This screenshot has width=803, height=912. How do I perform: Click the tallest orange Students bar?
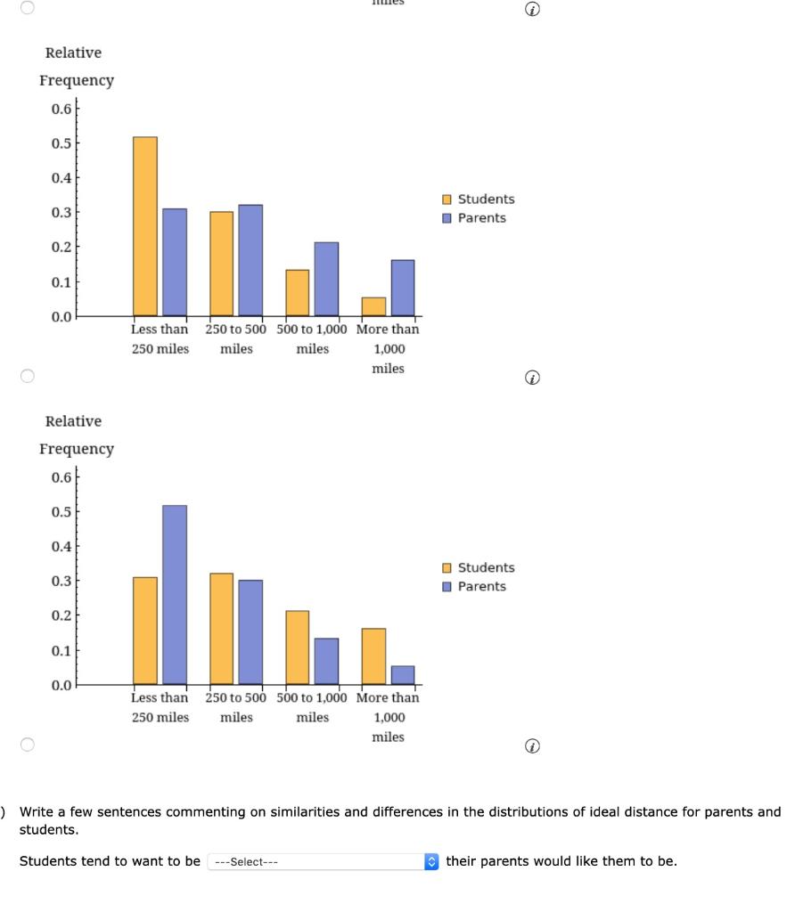click(x=144, y=226)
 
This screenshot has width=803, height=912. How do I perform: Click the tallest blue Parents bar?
click(x=175, y=594)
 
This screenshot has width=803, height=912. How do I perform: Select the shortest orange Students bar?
click(x=373, y=306)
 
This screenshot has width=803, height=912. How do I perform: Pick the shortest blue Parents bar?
click(x=403, y=675)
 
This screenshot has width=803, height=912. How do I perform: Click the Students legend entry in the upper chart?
click(x=479, y=199)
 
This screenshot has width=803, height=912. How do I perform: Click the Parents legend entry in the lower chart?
click(x=474, y=586)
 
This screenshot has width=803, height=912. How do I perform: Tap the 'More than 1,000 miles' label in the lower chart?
click(x=388, y=717)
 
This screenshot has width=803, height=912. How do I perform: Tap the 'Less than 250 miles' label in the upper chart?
click(x=160, y=338)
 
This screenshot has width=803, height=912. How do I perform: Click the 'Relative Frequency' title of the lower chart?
click(x=75, y=435)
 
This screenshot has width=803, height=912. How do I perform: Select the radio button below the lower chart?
click(x=27, y=745)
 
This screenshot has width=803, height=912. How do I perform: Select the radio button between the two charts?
click(x=27, y=377)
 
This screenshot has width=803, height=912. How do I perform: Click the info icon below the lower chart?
click(x=533, y=746)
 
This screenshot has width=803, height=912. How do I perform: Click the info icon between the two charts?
click(x=533, y=379)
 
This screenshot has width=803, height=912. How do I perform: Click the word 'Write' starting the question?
click(x=37, y=811)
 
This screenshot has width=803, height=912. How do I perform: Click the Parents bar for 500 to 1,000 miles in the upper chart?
click(x=326, y=279)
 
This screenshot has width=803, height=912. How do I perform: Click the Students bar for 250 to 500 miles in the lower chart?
click(x=221, y=628)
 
